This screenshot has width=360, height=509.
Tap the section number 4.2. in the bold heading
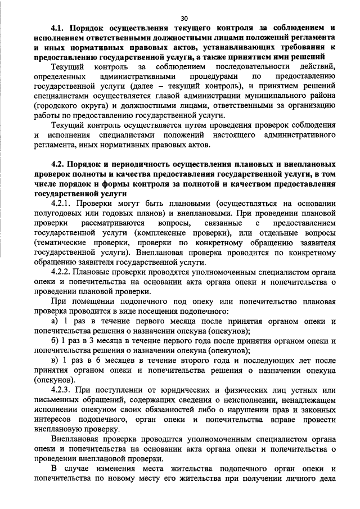[x=58, y=164]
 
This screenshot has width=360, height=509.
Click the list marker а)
[x=54, y=321]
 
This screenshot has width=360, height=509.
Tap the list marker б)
[x=54, y=341]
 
